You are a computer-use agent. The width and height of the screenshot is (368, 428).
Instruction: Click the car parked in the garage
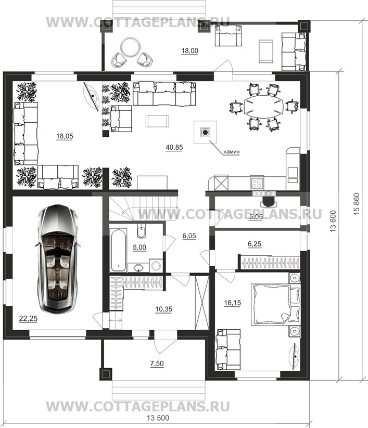57,259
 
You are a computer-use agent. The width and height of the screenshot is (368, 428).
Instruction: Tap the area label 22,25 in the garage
29,319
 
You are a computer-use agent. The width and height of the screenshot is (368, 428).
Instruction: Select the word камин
232,151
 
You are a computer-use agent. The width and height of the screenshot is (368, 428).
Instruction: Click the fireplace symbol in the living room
205,133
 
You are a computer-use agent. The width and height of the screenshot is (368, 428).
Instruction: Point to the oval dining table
263,106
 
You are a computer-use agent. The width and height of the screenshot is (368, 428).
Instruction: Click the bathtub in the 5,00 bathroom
118,250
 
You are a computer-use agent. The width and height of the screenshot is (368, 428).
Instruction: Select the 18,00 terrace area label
190,51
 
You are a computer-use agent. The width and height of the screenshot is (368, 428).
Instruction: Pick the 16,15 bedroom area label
233,303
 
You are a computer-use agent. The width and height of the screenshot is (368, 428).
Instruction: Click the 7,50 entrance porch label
157,364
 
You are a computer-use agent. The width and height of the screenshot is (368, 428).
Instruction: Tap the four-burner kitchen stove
257,183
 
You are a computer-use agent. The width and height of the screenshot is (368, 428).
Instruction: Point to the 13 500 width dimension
158,418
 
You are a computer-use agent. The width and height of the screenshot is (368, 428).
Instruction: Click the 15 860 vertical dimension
357,204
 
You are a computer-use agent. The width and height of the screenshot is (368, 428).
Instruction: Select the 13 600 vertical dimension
333,222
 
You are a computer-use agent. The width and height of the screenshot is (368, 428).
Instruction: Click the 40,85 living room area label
174,147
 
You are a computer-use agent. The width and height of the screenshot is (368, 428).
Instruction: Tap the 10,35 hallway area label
163,309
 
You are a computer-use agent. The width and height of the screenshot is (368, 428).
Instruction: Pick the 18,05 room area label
65,136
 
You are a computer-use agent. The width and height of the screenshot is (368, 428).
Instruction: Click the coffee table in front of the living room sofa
157,121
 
